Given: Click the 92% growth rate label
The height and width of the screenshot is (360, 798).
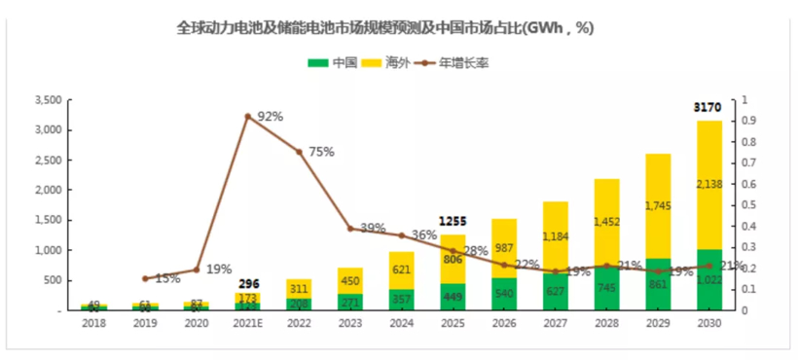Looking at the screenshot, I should [x=270, y=116].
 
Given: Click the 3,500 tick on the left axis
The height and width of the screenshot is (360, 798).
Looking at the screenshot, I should [x=48, y=100].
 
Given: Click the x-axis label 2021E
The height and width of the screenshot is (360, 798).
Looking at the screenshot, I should [x=247, y=324].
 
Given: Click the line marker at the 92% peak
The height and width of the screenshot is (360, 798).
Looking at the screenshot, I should [x=247, y=116].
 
